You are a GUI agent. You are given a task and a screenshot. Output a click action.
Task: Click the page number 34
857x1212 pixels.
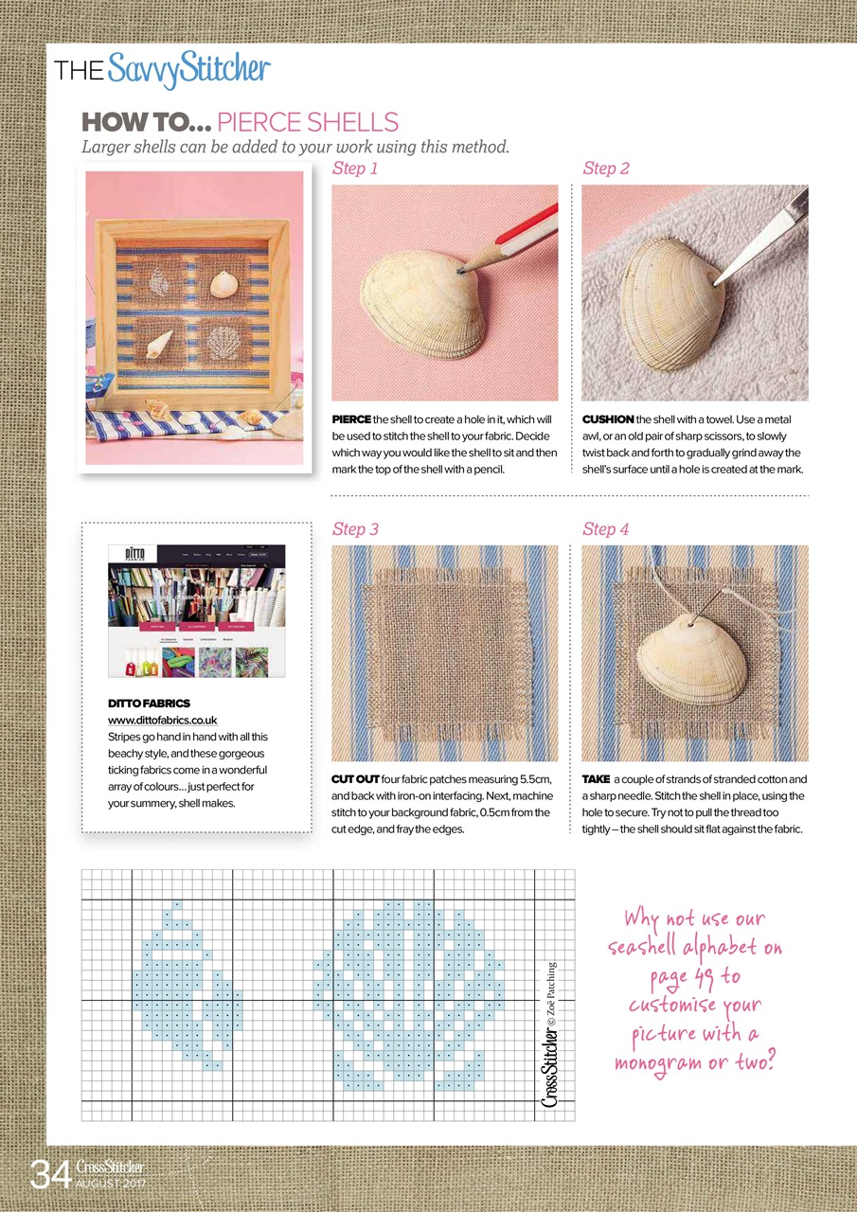(x=50, y=1176)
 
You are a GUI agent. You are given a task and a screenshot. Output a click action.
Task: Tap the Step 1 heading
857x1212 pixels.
(x=355, y=169)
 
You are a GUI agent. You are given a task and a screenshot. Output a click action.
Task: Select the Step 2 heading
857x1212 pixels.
(x=606, y=169)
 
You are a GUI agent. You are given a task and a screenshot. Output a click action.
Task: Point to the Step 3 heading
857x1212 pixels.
(x=355, y=529)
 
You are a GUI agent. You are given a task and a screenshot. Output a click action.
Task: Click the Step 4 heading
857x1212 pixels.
(x=606, y=529)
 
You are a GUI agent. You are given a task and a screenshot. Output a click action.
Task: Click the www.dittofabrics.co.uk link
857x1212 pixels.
(x=163, y=721)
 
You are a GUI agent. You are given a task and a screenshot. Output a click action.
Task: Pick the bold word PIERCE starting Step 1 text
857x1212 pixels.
(x=351, y=419)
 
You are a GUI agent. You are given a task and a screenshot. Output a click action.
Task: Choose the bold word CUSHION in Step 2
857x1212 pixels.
(x=608, y=419)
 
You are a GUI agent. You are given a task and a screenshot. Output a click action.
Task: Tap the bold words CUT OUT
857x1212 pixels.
(x=355, y=779)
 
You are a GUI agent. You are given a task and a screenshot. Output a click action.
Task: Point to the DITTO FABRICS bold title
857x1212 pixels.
(x=150, y=704)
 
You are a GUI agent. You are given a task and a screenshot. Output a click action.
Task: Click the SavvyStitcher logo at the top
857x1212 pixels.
(x=189, y=71)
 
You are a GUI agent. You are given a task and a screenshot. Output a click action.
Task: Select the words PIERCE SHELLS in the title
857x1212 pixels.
(x=308, y=122)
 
